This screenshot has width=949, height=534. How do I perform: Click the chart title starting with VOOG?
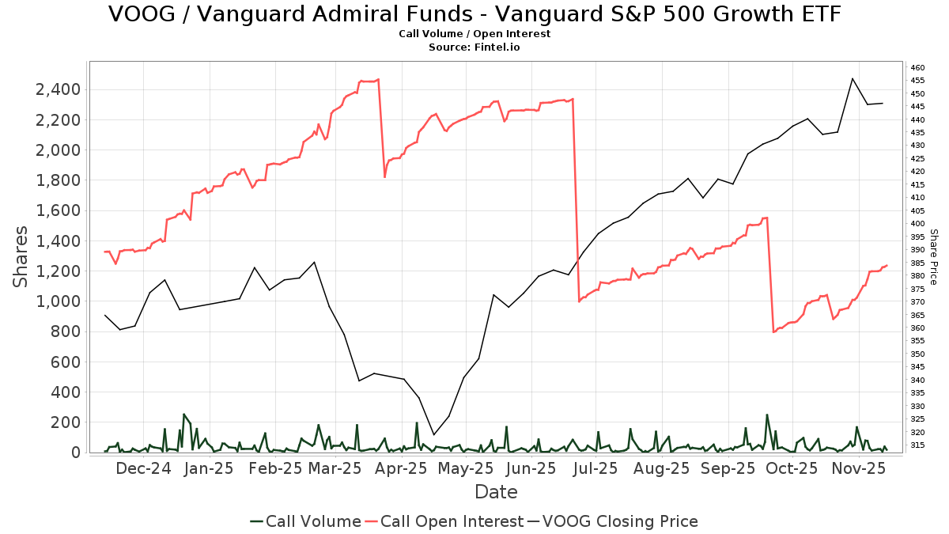tap(475, 14)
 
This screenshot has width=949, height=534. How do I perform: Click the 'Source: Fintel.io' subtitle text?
tap(475, 47)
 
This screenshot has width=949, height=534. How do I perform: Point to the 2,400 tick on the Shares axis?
tap(58, 89)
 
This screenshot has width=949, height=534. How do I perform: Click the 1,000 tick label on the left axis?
tap(58, 301)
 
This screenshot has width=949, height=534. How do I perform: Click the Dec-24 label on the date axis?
tap(143, 468)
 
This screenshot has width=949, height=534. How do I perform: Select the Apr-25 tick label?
tap(402, 468)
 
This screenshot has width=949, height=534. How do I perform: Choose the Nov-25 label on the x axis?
tap(858, 468)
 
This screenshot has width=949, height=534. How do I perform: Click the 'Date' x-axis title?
tap(496, 492)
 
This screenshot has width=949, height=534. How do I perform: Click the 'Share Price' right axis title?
tap(933, 257)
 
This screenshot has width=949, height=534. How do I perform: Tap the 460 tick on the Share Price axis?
tap(918, 68)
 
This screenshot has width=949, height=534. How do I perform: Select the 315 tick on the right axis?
tap(918, 445)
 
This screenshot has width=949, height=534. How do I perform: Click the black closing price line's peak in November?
tap(852, 78)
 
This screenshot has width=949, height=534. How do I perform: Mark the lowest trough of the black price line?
tap(433, 434)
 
